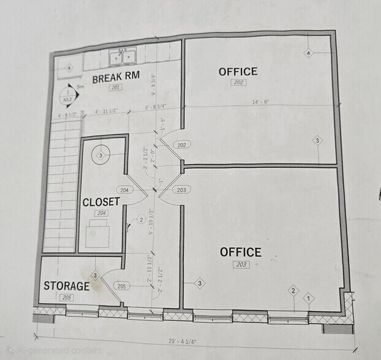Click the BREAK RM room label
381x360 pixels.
tap(116, 78)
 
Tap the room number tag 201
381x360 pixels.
tap(115, 88)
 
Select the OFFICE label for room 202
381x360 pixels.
tap(238, 72)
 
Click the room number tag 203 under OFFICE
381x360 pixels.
tap(240, 264)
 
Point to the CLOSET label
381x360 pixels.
tap(101, 202)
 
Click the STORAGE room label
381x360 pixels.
tap(66, 286)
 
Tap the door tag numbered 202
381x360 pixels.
tap(182, 145)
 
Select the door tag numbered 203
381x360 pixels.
tap(181, 190)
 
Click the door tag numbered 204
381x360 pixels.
tap(124, 190)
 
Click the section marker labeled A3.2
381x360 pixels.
tap(67, 97)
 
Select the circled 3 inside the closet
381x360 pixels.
tap(100, 156)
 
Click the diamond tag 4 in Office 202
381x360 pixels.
tap(309, 54)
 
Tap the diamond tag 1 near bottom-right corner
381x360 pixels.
tap(309, 298)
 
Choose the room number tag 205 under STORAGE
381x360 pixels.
tap(66, 297)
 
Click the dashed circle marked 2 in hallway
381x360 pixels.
tap(141, 219)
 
